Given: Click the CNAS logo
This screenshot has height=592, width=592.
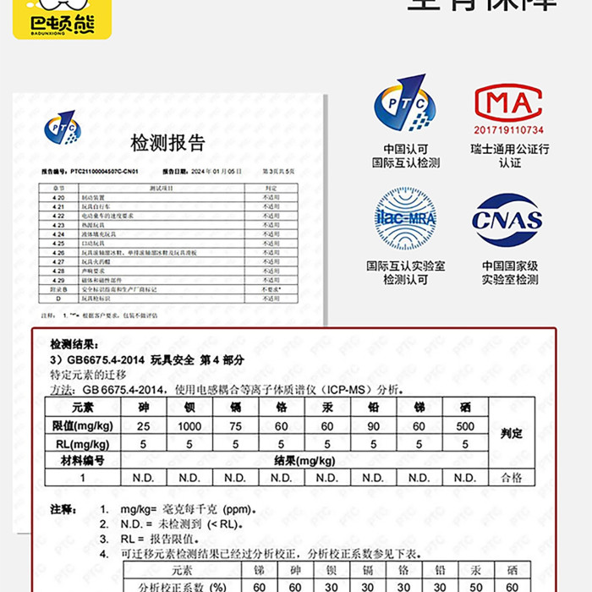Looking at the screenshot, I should click(x=507, y=222).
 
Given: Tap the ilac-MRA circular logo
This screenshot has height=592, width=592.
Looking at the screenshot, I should click(x=405, y=220).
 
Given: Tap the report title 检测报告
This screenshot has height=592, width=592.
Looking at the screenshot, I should click(x=167, y=142).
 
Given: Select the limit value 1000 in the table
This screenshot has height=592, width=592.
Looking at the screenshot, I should click(x=189, y=426).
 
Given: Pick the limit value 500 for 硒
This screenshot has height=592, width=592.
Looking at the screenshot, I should click(x=465, y=426).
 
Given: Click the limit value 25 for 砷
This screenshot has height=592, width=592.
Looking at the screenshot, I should click(x=143, y=426).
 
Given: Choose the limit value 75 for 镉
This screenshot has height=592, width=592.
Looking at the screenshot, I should click(x=236, y=426).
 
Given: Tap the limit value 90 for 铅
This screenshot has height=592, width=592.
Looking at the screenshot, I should click(x=373, y=426).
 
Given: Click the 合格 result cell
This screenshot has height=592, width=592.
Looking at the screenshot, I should click(x=512, y=478).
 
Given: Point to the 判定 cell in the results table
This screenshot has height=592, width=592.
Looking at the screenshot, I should click(x=512, y=434).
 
